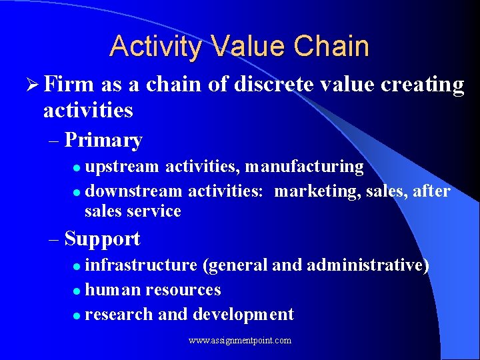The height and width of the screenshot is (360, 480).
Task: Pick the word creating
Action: point(425,85)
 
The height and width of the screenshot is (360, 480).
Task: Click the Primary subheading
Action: point(103,140)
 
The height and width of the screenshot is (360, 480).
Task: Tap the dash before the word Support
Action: point(55,239)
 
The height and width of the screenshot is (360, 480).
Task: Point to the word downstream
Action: point(134,191)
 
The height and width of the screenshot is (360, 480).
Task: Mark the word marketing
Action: point(317,191)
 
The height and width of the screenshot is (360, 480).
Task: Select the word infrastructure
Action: point(141,265)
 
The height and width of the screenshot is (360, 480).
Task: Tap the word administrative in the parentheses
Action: point(367,265)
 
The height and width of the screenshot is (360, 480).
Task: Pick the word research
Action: point(119,314)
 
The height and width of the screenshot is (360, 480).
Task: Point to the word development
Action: point(243,314)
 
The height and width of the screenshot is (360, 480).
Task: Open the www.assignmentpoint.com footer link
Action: point(240,341)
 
